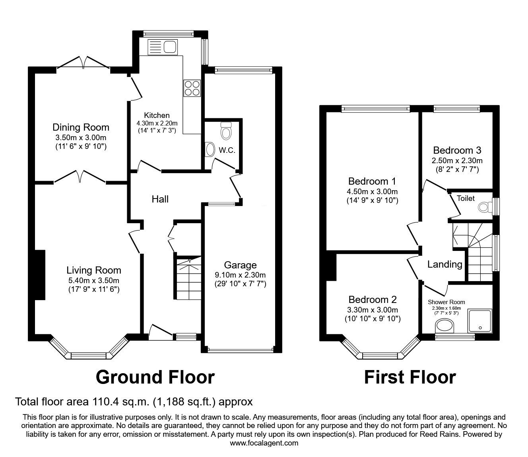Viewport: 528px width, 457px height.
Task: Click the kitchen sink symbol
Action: pyautogui.click(x=162, y=47)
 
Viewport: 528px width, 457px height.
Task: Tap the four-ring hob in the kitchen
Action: pyautogui.click(x=192, y=88)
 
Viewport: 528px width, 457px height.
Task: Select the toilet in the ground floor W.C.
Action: pyautogui.click(x=226, y=131)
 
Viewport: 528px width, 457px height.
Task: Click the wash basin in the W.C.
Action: pyautogui.click(x=210, y=149)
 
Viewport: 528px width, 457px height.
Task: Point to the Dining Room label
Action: pyautogui.click(x=81, y=127)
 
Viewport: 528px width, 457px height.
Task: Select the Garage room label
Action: pyautogui.click(x=240, y=265)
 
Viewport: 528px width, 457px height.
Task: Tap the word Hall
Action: pyautogui.click(x=160, y=199)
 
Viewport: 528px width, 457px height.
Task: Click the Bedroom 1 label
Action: pyautogui.click(x=372, y=181)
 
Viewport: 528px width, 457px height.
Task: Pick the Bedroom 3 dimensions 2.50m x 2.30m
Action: pyautogui.click(x=457, y=161)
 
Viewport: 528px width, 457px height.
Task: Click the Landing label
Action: pyautogui.click(x=445, y=264)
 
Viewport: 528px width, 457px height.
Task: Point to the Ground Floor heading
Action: pyautogui.click(x=155, y=377)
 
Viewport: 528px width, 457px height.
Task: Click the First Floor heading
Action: pyautogui.click(x=410, y=377)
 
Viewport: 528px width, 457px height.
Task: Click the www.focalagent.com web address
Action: pyautogui.click(x=264, y=443)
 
